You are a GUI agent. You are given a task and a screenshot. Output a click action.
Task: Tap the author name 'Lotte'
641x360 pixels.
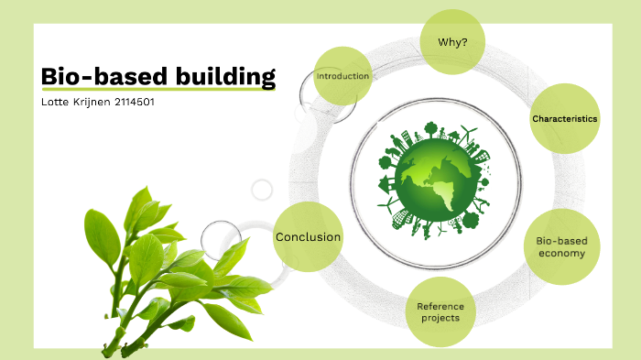pyautogui.click(x=56, y=102)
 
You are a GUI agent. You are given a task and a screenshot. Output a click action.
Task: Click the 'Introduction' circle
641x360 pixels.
pyautogui.click(x=342, y=76)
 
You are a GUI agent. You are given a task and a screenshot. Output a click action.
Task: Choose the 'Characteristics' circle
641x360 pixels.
pyautogui.click(x=564, y=119)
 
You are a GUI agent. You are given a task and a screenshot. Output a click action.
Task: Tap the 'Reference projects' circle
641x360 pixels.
pyautogui.click(x=440, y=312)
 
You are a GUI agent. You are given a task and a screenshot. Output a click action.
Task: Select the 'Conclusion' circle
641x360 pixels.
pyautogui.click(x=308, y=237)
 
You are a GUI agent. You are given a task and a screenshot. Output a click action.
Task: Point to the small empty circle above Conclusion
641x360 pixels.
pyautogui.click(x=262, y=191)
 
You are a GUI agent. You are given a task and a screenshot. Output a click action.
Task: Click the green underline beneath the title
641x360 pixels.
pyautogui.click(x=158, y=91)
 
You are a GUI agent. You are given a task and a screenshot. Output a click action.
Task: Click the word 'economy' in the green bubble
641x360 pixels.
pyautogui.click(x=560, y=254)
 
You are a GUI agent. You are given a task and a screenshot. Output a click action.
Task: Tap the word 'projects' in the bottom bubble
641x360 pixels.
pyautogui.click(x=440, y=319)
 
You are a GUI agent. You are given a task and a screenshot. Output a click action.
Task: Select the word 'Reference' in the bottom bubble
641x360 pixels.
pyautogui.click(x=440, y=306)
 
